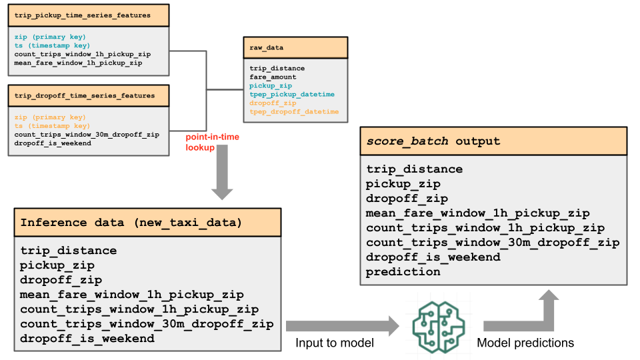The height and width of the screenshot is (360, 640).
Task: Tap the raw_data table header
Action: point(295,48)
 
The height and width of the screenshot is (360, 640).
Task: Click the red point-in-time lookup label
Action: point(212,142)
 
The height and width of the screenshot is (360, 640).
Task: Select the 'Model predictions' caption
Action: point(525,343)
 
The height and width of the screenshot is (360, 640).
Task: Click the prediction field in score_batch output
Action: point(403,271)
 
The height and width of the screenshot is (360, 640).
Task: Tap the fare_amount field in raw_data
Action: point(273,77)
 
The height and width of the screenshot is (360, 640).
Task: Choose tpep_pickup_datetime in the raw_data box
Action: point(292,95)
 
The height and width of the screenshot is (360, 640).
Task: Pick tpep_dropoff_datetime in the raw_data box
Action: point(294,112)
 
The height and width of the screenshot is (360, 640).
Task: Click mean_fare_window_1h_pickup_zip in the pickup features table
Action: point(78,63)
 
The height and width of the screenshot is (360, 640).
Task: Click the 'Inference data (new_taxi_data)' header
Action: point(131,222)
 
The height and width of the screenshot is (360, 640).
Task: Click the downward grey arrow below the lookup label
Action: point(223,177)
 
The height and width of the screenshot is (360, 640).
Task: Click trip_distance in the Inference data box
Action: point(69,251)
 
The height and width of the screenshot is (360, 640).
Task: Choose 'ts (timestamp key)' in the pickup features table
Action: point(52,45)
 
